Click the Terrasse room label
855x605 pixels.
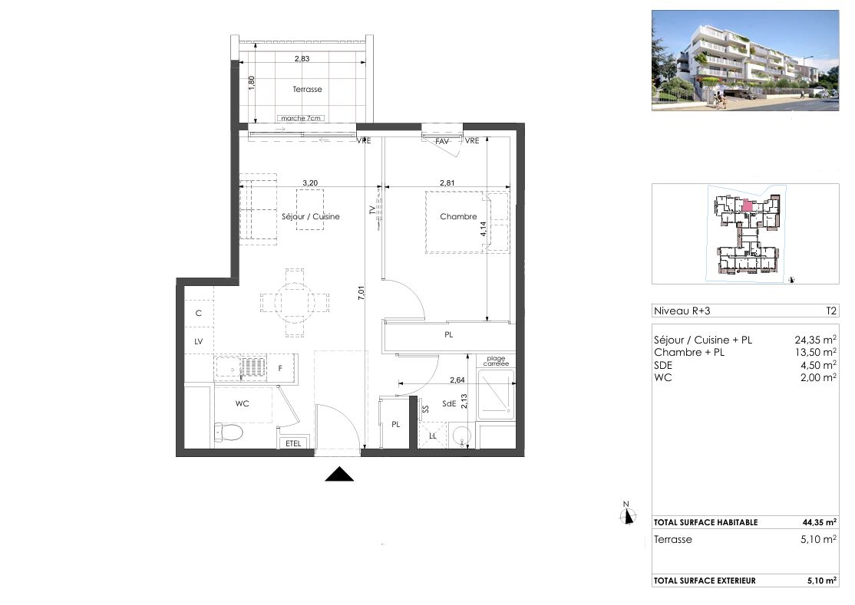pos(307,90)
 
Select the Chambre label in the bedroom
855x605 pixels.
pos(458,217)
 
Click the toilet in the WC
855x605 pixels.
pos(228,433)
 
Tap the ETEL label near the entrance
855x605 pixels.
pos(293,444)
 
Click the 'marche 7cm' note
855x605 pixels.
pos(302,118)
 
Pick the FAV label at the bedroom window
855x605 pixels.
pos(442,141)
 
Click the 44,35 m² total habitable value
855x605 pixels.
pos(819,522)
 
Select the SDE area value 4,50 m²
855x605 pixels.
pos(819,365)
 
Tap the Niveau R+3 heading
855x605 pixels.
pos(680,311)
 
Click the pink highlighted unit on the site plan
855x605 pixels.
pos(747,205)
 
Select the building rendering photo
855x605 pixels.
pos(744,59)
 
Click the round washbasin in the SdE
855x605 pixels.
pos(461,436)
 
